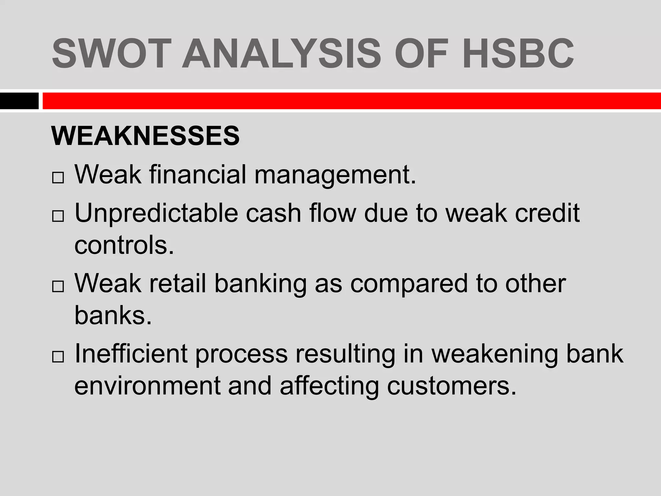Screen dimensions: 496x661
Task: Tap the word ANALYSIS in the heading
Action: click(x=281, y=53)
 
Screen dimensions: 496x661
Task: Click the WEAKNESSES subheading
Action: click(x=146, y=136)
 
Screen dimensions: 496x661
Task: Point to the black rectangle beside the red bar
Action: click(x=19, y=101)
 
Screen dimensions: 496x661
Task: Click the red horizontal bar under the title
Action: click(x=351, y=101)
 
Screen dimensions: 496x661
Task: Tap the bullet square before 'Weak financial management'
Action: click(x=58, y=178)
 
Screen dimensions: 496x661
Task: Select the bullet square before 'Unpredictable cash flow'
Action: click(x=58, y=217)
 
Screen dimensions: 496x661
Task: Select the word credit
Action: click(x=547, y=213)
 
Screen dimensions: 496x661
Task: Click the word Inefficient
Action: click(x=131, y=354)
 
